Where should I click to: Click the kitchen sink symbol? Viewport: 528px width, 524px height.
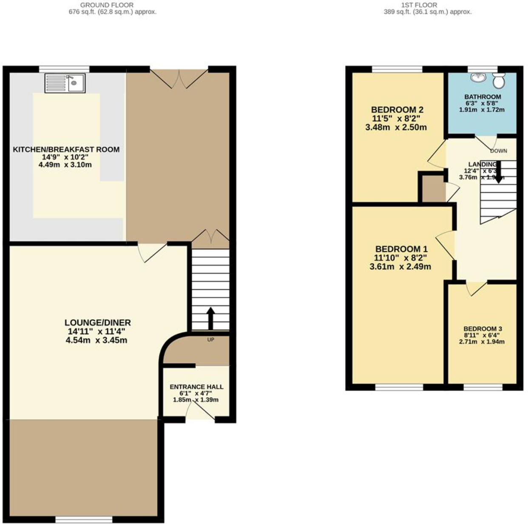click(65, 83)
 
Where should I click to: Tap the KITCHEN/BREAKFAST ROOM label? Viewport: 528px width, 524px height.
click(66, 149)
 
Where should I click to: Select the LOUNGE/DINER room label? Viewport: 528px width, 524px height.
click(98, 322)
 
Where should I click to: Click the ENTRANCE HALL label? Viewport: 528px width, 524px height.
click(196, 387)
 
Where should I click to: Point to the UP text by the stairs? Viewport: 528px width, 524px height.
click(210, 340)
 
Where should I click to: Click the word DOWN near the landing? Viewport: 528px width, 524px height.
click(498, 151)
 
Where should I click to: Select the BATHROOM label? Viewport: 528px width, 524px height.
click(483, 97)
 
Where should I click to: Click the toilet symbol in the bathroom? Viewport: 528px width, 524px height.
click(498, 80)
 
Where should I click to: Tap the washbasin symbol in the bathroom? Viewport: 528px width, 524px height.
click(479, 77)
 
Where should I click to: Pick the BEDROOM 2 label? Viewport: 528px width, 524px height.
click(397, 110)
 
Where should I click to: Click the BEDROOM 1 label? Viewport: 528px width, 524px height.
click(401, 249)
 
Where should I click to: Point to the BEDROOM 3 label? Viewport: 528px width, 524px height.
click(483, 329)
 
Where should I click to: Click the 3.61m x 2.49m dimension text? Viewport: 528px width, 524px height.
click(400, 267)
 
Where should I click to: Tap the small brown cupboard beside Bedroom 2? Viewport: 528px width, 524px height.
click(431, 188)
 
